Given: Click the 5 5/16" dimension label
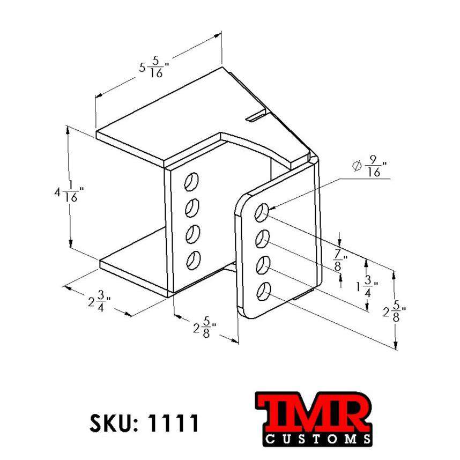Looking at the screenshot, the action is pos(154,67).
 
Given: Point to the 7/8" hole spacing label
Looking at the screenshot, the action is pos(339,262).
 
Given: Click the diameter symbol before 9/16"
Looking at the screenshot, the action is pos(357,166).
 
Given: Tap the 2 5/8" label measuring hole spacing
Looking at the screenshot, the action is pos(395,312).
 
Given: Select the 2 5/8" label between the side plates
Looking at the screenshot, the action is pos(205,328).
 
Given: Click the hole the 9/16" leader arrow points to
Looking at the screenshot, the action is pos(262,213).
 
